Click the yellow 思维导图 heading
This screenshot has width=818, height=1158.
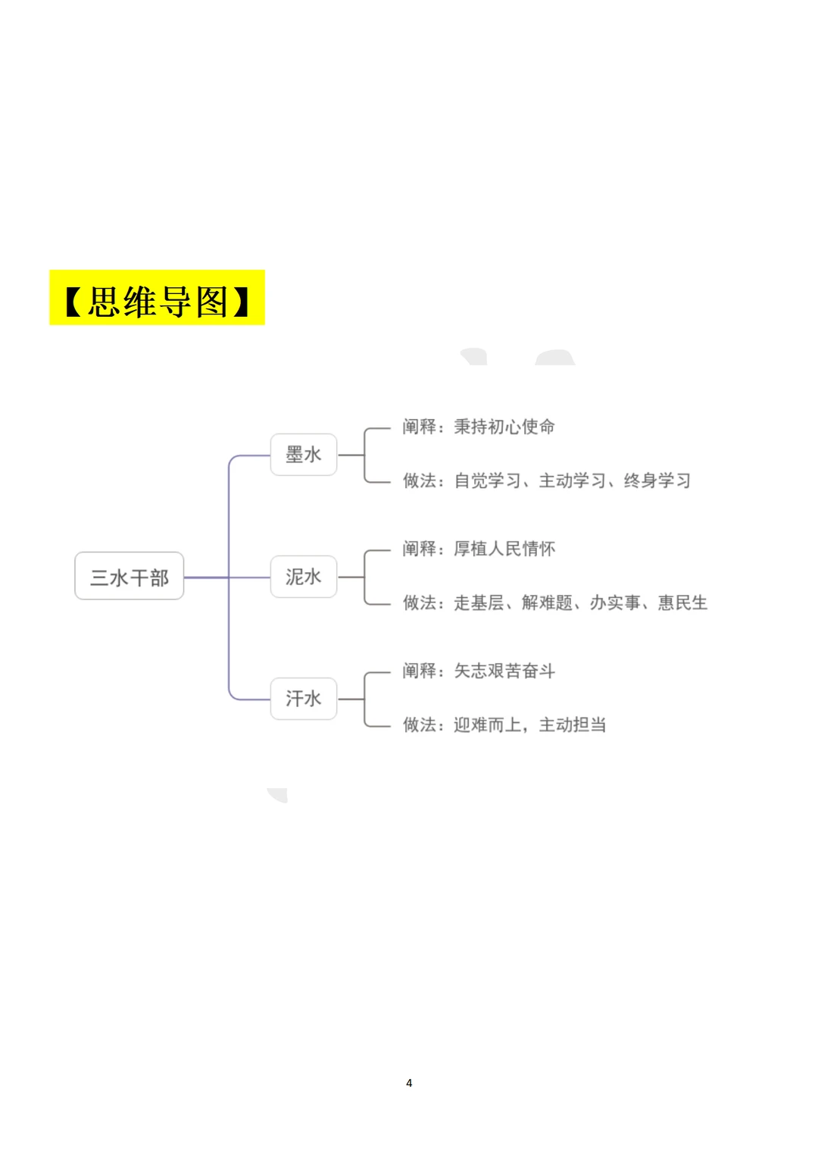157,298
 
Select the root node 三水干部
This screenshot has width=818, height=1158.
130,576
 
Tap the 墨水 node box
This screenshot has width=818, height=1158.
303,455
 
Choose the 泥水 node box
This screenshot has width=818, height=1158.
303,577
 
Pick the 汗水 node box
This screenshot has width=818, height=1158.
303,698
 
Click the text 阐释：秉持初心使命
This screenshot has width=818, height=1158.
478,427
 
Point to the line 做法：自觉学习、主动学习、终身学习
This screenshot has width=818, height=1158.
546,480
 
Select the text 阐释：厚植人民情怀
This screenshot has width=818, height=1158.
478,549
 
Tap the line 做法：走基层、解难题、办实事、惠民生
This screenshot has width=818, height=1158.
554,602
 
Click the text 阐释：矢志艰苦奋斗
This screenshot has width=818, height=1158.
478,671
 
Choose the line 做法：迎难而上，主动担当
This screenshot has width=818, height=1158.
504,725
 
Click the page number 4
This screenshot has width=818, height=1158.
409,1083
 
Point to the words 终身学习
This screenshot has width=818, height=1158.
657,480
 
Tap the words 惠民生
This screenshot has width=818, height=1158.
682,602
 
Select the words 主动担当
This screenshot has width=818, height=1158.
572,725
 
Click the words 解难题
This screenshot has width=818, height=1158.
547,602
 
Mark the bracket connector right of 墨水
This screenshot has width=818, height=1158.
365,455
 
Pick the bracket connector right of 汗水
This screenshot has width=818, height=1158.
365,698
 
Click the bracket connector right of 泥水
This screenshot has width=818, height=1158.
365,577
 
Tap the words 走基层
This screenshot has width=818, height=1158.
479,602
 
